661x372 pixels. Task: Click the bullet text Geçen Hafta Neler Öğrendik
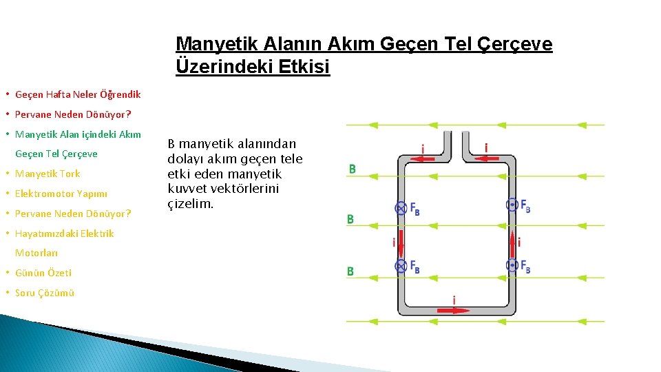78,94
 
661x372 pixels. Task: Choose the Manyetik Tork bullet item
48,174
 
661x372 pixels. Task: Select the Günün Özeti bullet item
43,273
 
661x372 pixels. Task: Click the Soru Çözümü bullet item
45,293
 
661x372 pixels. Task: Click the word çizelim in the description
191,204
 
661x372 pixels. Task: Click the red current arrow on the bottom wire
454,310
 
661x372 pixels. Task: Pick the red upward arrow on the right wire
512,238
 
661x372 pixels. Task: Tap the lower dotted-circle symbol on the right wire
512,265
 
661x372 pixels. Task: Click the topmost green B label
352,169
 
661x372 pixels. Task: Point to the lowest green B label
350,271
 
